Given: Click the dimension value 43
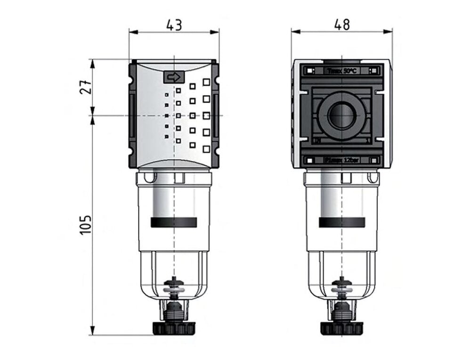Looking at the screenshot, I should point(174,25).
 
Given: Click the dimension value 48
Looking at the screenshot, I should point(342,25).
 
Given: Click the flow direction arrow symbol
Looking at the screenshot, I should point(174,77).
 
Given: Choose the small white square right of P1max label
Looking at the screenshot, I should point(376,160).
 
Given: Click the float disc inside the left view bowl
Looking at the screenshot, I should point(174,285).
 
